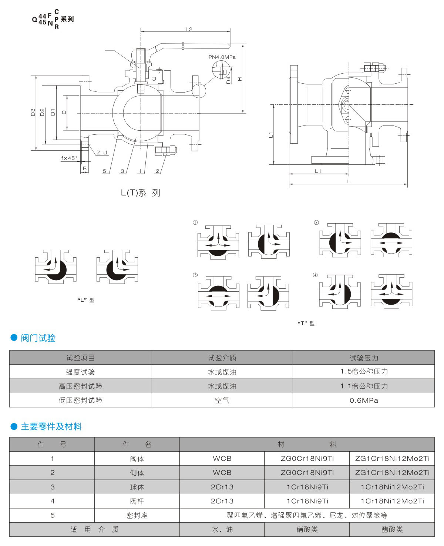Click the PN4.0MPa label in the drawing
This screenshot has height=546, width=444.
(x=222, y=57)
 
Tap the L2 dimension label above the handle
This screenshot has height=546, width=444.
(x=189, y=29)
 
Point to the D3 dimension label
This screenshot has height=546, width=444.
(x=33, y=112)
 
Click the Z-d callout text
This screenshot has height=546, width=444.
(x=102, y=153)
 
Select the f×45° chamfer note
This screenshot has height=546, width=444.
(x=70, y=158)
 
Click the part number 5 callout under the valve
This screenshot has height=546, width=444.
(x=104, y=171)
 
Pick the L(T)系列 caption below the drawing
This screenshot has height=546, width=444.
(x=141, y=193)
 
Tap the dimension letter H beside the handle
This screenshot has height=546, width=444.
(x=240, y=79)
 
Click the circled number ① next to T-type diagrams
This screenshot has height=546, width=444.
(x=195, y=222)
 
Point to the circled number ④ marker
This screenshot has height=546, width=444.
(x=315, y=275)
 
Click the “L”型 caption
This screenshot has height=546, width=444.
(x=86, y=300)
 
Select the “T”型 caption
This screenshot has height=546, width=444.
(x=306, y=323)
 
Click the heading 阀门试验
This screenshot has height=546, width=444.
(x=38, y=338)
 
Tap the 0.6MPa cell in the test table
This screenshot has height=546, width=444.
(x=364, y=400)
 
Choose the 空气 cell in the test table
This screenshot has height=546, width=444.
(x=222, y=400)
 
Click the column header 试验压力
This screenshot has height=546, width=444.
(x=364, y=358)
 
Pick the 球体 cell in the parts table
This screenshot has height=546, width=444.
(x=137, y=487)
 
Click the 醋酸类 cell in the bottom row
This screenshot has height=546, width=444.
(x=392, y=530)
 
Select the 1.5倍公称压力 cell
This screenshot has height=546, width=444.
(x=364, y=372)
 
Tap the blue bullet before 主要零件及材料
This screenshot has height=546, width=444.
(x=14, y=426)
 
